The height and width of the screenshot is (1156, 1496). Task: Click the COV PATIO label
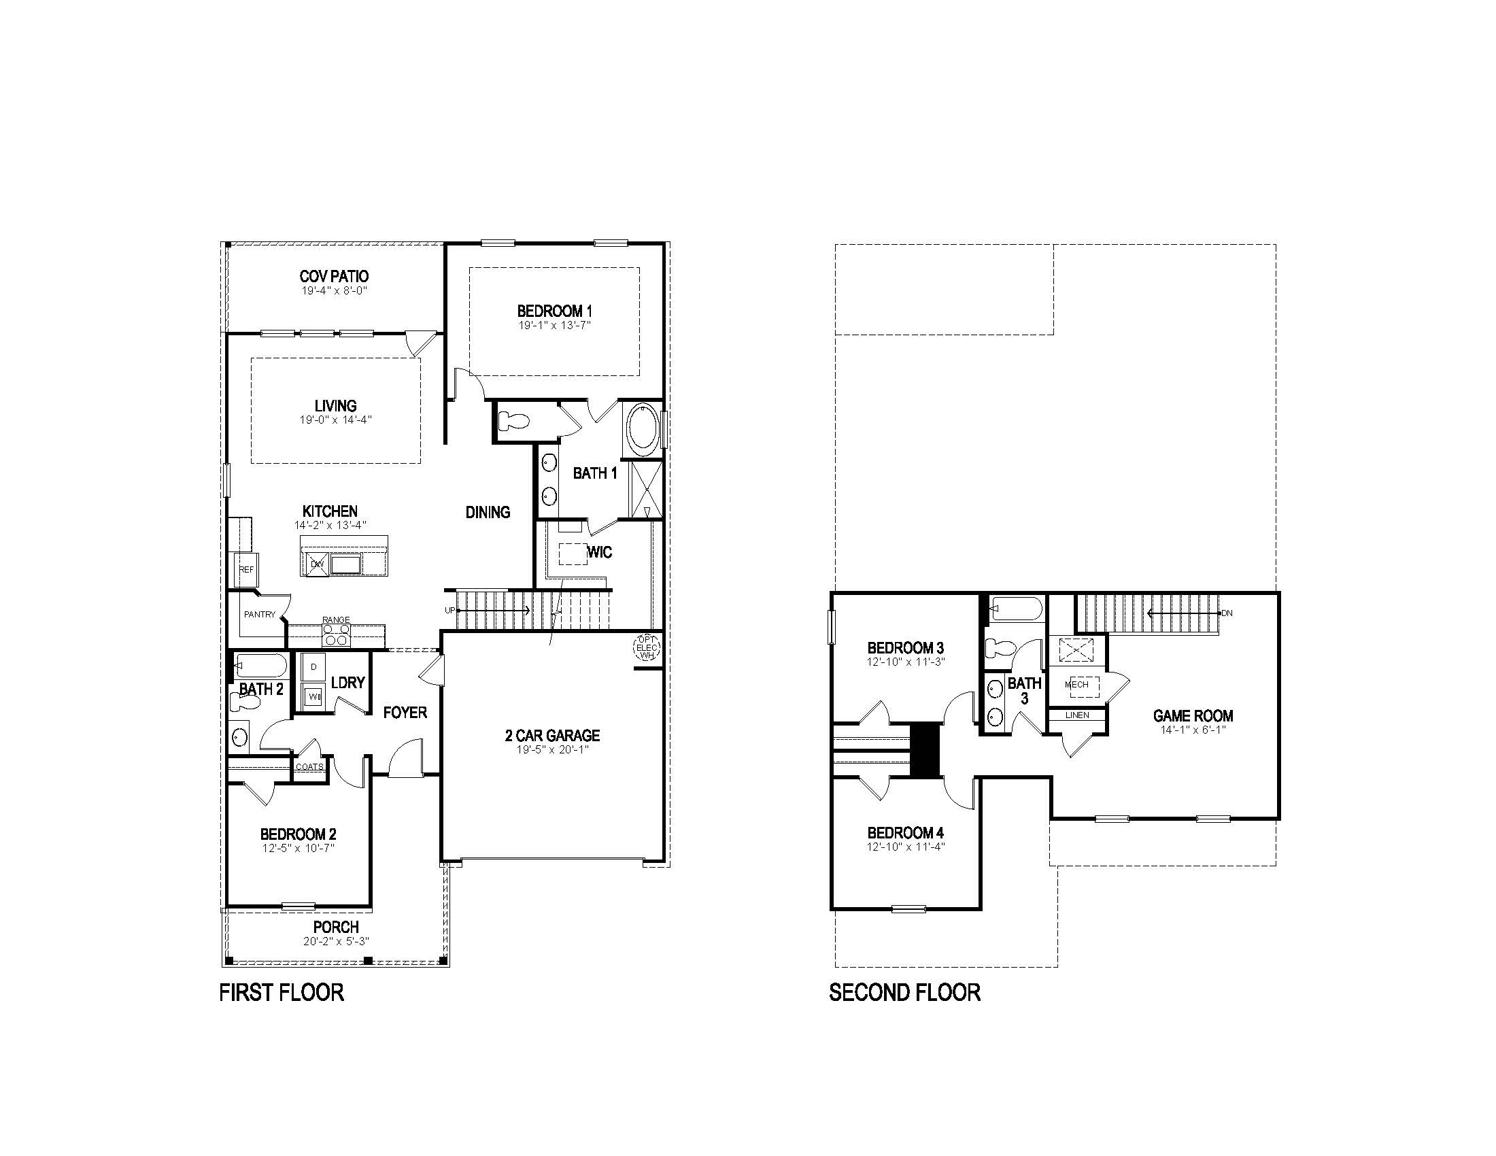[x=334, y=276]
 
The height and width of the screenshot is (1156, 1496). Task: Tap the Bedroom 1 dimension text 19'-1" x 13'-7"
[x=554, y=325]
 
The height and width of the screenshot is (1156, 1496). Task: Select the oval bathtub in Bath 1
[x=642, y=430]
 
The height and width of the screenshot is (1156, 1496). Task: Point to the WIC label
[x=599, y=553]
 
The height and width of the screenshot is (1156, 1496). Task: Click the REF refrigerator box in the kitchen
[x=246, y=570]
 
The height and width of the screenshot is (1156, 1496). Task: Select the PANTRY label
[x=260, y=614]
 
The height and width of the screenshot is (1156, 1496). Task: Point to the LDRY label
[x=347, y=683]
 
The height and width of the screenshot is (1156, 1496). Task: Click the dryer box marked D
[x=313, y=666]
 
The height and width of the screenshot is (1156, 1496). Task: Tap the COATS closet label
[x=309, y=766]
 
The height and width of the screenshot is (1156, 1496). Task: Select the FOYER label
[x=405, y=713]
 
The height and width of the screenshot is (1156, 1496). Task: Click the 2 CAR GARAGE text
[x=552, y=736]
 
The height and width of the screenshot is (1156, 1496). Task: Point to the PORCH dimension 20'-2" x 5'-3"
[x=336, y=942]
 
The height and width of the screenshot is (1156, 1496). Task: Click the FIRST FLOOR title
[x=281, y=992]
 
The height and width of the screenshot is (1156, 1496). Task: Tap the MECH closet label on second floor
[x=1077, y=685]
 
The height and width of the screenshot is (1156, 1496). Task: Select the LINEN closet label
[x=1077, y=715]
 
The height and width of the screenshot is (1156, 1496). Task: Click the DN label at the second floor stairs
[x=1226, y=613]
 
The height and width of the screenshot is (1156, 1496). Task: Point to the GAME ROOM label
[x=1193, y=715]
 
